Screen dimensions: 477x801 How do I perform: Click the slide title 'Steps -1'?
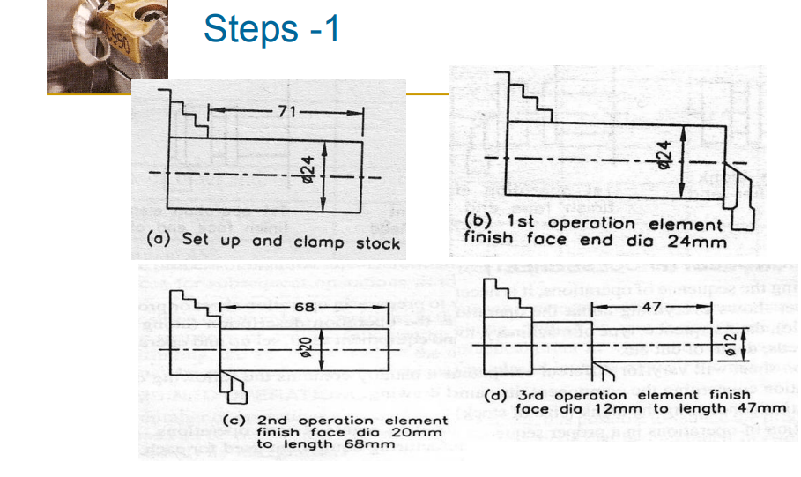(271, 28)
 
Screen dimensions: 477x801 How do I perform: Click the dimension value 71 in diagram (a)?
(286, 112)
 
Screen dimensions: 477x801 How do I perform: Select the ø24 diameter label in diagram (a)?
(334, 168)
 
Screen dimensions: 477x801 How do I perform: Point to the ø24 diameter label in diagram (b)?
(665, 155)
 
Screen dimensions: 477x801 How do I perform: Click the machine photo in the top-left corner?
(107, 46)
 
